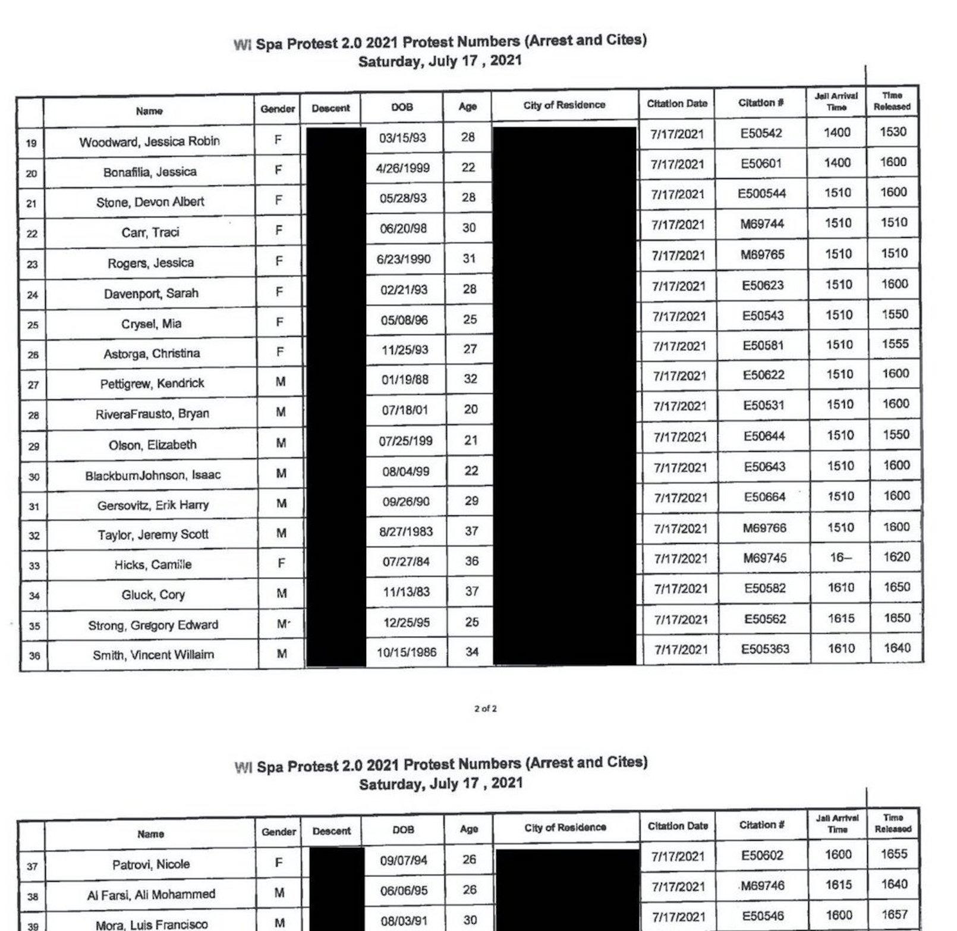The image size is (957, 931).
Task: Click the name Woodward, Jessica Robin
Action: click(149, 141)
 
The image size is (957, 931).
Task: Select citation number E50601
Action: click(761, 163)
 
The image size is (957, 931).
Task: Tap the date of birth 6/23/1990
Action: click(404, 259)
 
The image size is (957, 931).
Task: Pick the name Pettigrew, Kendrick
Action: click(152, 383)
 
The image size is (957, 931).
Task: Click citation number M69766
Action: click(764, 528)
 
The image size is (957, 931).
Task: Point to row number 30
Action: click(33, 477)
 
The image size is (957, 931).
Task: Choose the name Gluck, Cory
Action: click(153, 595)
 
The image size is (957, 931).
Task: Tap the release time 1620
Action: click(896, 557)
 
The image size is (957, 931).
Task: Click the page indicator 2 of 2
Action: click(485, 709)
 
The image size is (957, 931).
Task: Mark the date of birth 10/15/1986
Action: click(407, 652)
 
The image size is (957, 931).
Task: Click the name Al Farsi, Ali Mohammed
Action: click(151, 894)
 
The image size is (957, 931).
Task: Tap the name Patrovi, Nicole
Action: click(151, 864)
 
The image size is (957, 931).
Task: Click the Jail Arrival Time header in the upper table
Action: click(836, 102)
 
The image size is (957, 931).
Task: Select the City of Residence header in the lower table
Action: click(565, 828)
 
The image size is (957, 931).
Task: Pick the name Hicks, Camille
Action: click(153, 565)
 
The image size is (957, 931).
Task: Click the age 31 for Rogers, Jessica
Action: click(469, 259)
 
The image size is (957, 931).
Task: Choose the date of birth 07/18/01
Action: click(404, 410)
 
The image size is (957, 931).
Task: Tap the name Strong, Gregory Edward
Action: click(153, 625)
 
